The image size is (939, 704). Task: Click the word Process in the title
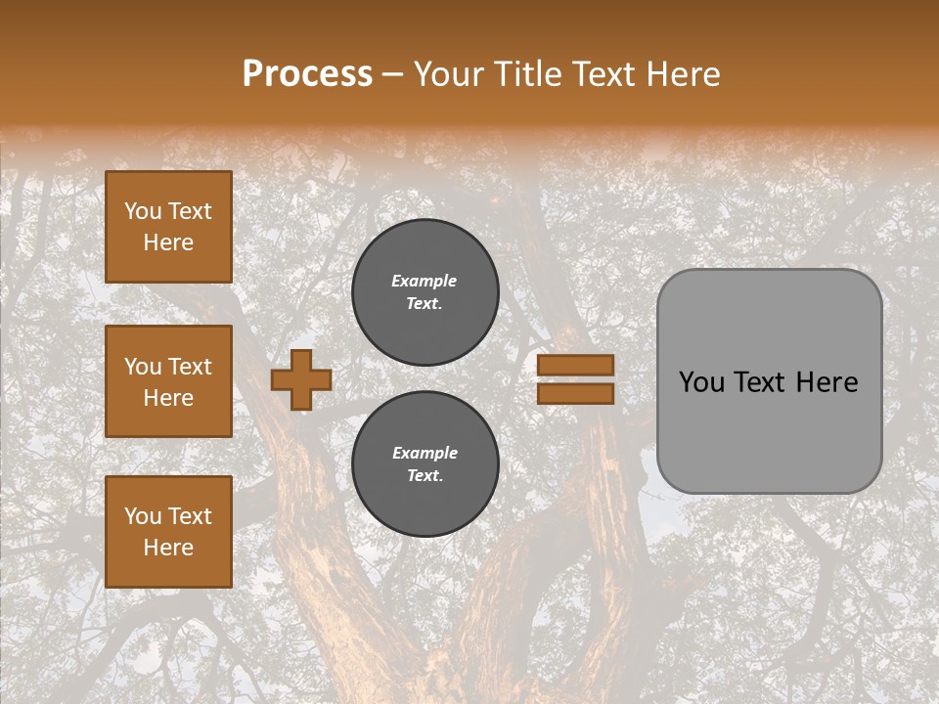coord(307,74)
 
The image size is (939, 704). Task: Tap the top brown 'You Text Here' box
coord(168,227)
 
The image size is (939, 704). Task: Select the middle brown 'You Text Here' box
coord(168,381)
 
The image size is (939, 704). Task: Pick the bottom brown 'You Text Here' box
coord(168,531)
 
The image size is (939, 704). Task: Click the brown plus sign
coord(301,379)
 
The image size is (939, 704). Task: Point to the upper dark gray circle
coord(425,291)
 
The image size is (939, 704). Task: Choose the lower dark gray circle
coord(425,463)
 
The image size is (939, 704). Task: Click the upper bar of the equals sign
coord(575,366)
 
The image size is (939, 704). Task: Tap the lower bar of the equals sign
coord(575,393)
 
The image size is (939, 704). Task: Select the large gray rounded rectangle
coord(769,381)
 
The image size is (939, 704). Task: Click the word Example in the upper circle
coord(424,281)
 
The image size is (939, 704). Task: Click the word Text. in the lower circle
coord(425,476)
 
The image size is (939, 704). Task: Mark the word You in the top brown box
coord(143,211)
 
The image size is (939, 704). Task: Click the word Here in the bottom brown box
coord(168,548)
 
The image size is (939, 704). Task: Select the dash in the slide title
coord(392,74)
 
